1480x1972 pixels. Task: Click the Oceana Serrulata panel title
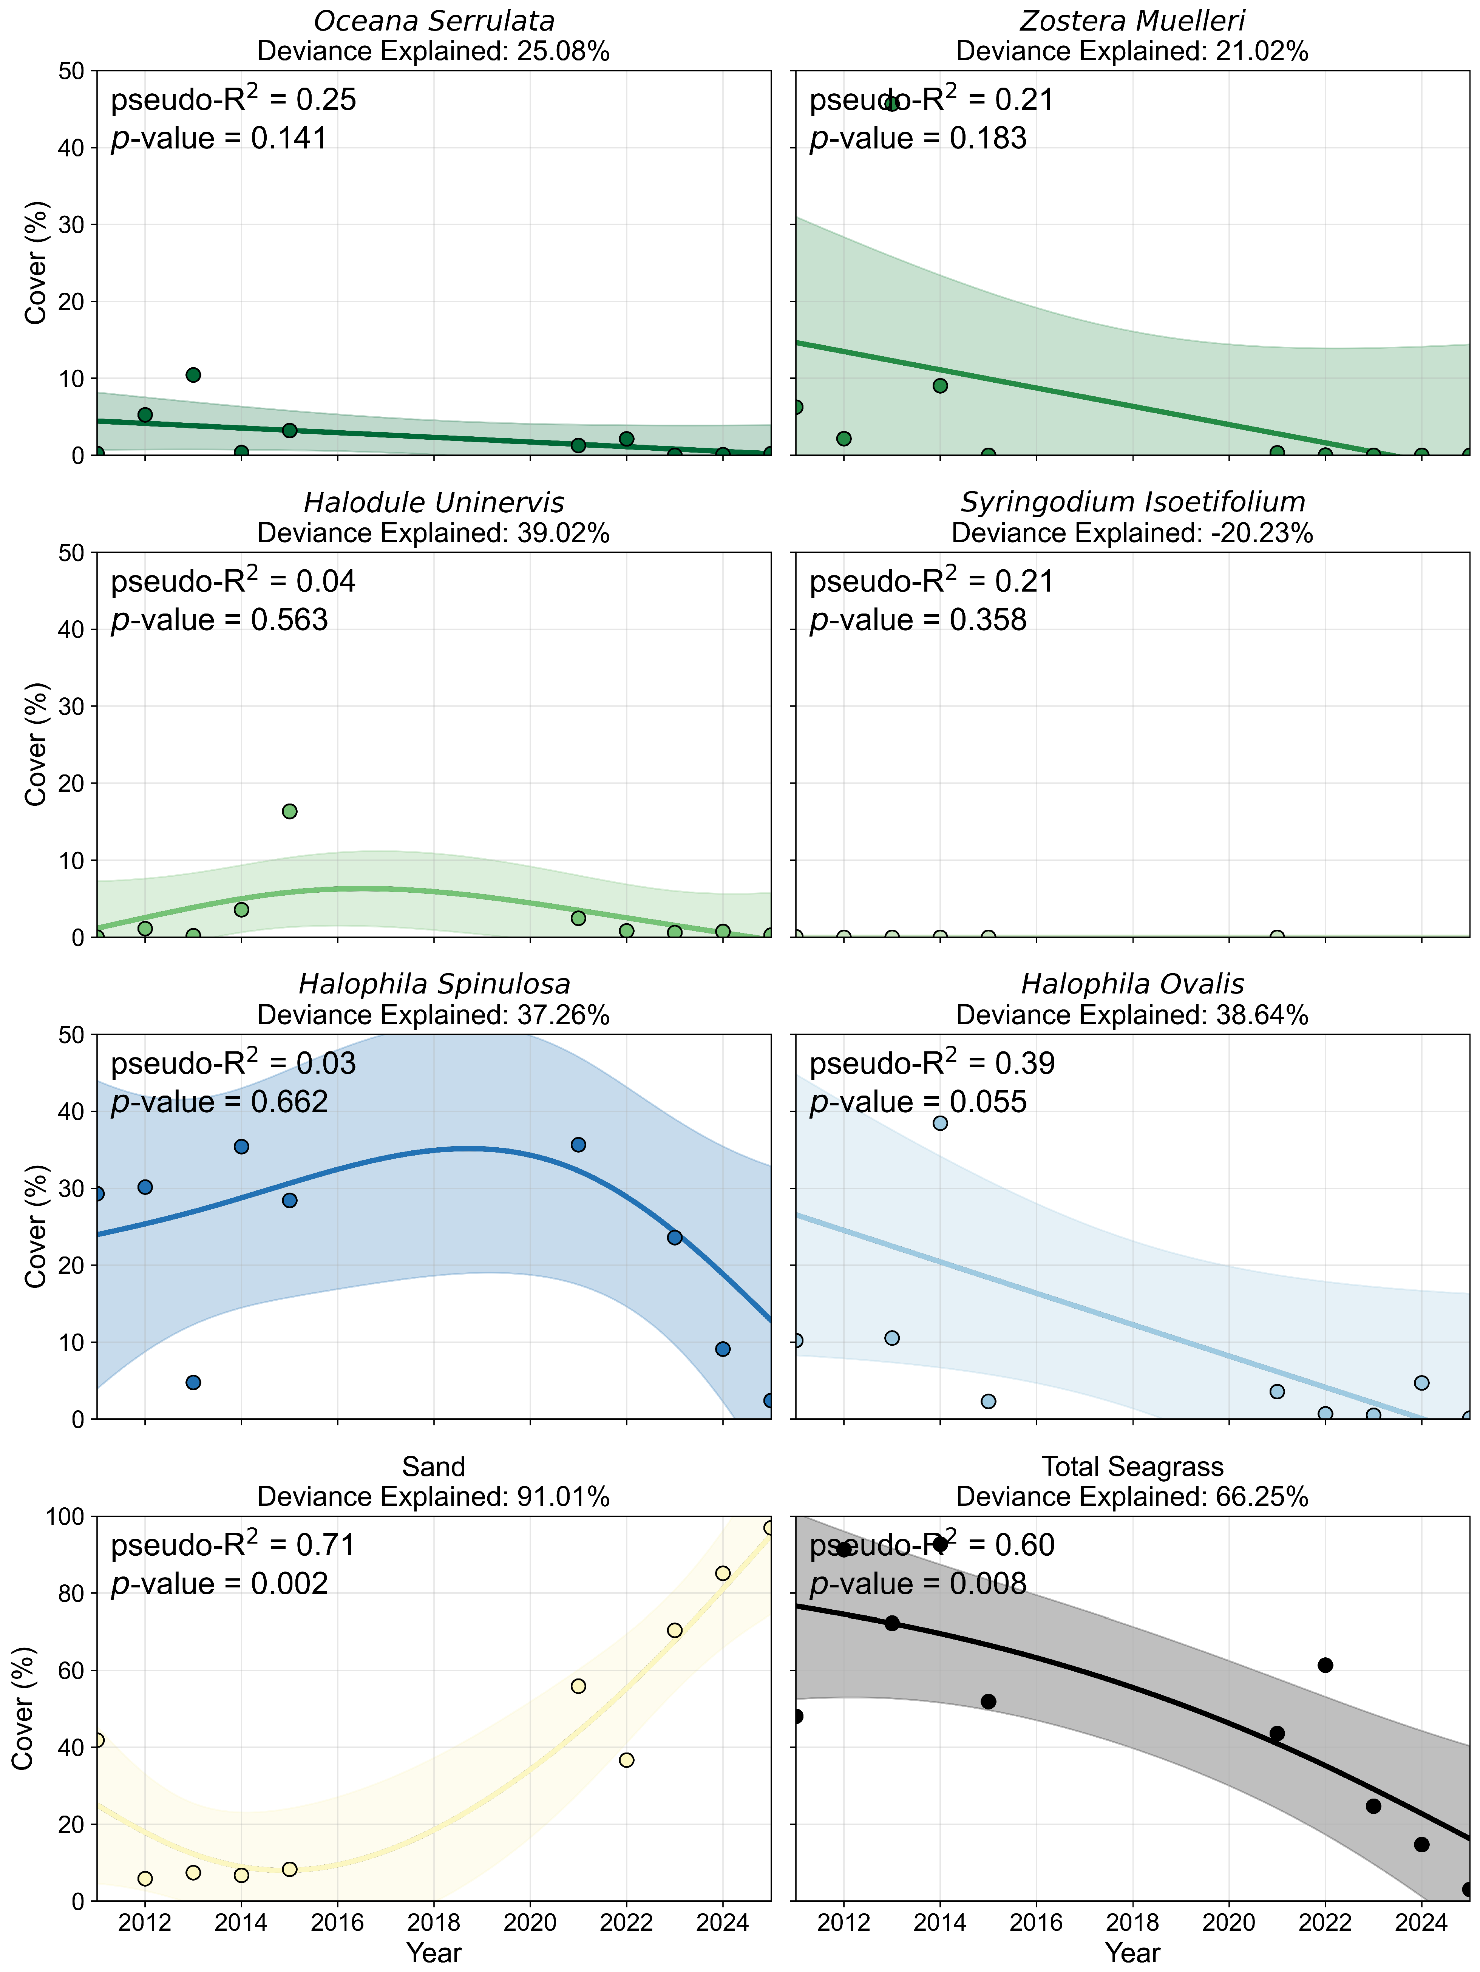click(x=433, y=20)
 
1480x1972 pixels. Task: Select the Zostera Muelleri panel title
click(x=1132, y=20)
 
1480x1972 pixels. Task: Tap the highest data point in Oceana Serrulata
click(x=193, y=374)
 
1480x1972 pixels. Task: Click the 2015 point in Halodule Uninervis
click(x=289, y=811)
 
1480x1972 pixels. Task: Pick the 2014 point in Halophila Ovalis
click(x=940, y=1123)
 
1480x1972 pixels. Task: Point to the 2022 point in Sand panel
click(x=626, y=1760)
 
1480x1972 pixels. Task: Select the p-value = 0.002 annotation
click(x=219, y=1584)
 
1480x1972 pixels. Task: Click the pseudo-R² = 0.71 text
click(x=233, y=1545)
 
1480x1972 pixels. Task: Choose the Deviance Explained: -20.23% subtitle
click(x=1132, y=533)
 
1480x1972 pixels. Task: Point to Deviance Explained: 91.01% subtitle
click(x=433, y=1497)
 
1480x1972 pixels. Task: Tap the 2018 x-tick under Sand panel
click(x=433, y=1923)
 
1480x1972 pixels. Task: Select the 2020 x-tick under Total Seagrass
click(x=1228, y=1923)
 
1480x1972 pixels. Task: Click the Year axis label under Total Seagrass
click(x=1132, y=1953)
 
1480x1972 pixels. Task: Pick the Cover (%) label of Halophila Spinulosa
click(x=36, y=1227)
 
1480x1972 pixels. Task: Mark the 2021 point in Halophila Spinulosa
click(x=578, y=1145)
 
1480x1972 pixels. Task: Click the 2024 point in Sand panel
click(x=722, y=1573)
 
